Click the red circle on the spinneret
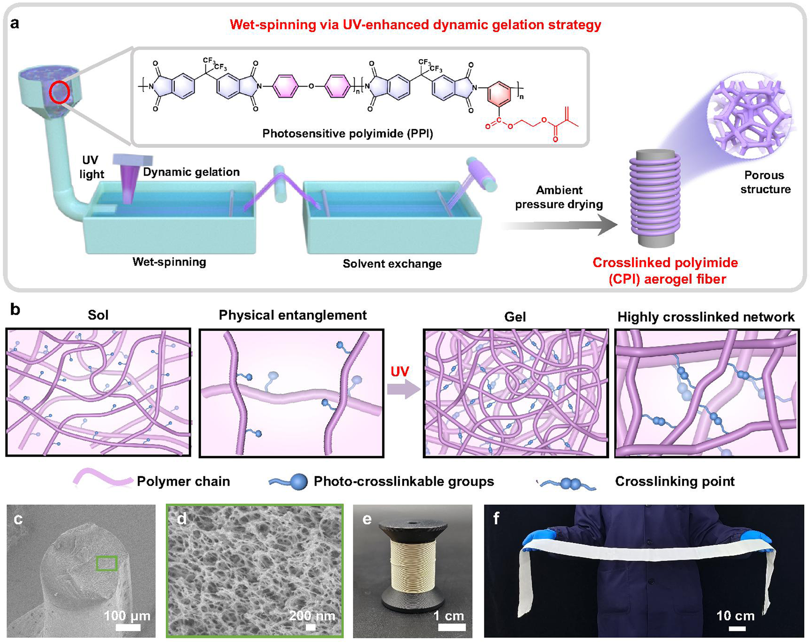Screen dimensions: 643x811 pyautogui.click(x=59, y=93)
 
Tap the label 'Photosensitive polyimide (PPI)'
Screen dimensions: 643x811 pyautogui.click(x=347, y=134)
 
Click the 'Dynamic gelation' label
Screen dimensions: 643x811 pyautogui.click(x=191, y=172)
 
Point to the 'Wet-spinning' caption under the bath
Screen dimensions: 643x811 pyautogui.click(x=169, y=262)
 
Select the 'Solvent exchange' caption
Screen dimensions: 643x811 pyautogui.click(x=392, y=264)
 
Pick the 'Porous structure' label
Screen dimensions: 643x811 pyautogui.click(x=765, y=182)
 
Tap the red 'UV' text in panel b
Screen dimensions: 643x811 pyautogui.click(x=400, y=372)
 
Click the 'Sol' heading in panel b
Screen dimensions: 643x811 pyautogui.click(x=98, y=315)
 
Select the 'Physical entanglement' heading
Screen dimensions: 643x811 pyautogui.click(x=292, y=315)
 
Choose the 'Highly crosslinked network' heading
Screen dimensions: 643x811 pyautogui.click(x=706, y=317)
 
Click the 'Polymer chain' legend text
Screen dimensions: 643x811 pyautogui.click(x=183, y=482)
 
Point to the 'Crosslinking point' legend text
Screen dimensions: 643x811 pyautogui.click(x=674, y=482)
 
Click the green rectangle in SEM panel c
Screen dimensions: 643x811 pyautogui.click(x=107, y=563)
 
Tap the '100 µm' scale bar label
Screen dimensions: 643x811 pyautogui.click(x=127, y=616)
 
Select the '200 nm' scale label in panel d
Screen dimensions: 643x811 pyautogui.click(x=312, y=615)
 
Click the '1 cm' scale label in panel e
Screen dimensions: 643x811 pyautogui.click(x=449, y=616)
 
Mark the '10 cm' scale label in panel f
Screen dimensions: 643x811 pyautogui.click(x=735, y=615)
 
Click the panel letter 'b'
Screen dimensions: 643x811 pyautogui.click(x=15, y=310)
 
